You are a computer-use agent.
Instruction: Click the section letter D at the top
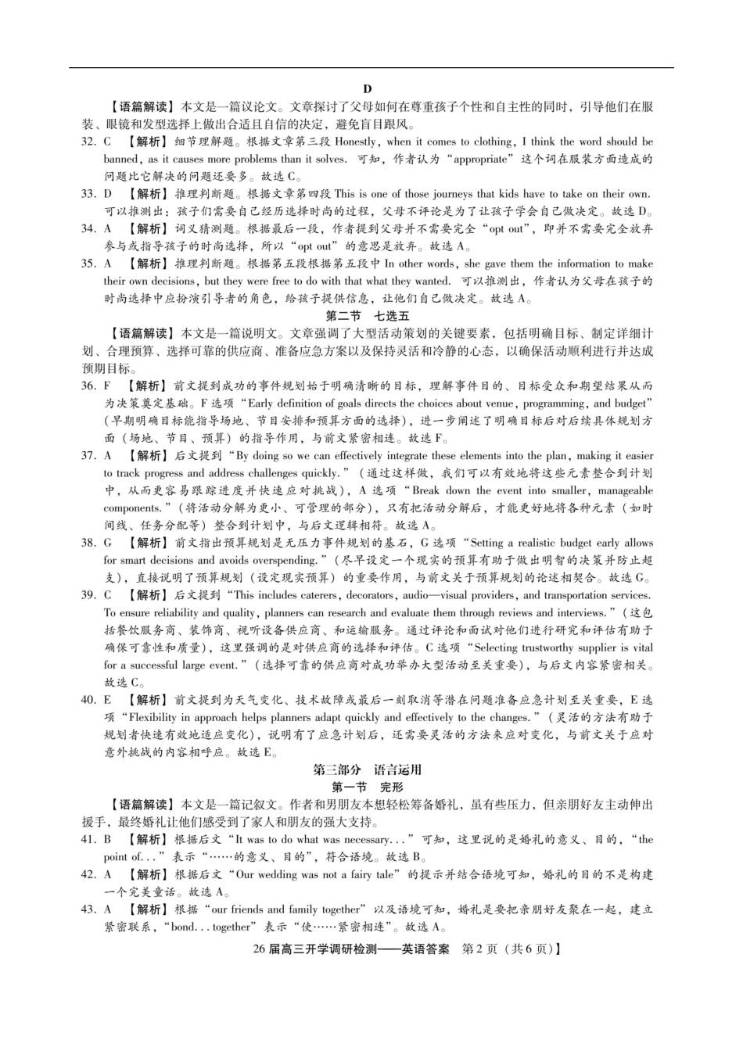(368, 89)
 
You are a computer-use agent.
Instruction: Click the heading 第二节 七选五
(367, 317)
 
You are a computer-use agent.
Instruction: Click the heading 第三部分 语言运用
(367, 769)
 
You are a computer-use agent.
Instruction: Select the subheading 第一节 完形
(367, 787)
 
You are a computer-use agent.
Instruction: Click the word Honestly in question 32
(357, 142)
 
